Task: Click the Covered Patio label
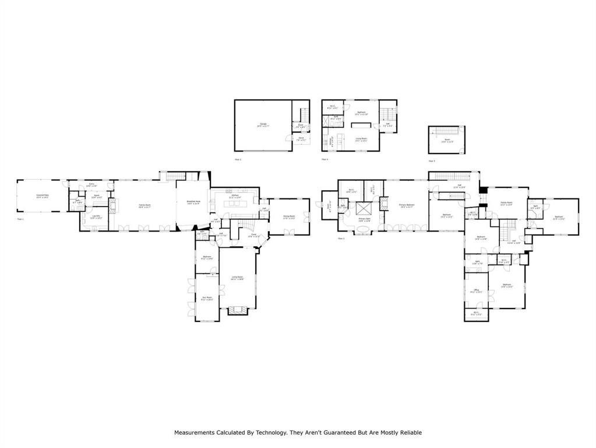click(43, 197)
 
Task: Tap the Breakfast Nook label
click(193, 202)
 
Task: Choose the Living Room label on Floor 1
click(237, 278)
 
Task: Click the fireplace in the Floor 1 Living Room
click(237, 310)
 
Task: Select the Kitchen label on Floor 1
click(234, 197)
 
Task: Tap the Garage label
click(263, 125)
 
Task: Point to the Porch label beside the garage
click(301, 139)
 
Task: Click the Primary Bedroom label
click(407, 206)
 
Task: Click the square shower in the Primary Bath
click(365, 209)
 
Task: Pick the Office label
click(476, 290)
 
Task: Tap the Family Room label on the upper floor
click(507, 204)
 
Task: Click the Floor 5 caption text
click(432, 160)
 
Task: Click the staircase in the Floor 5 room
click(447, 131)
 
